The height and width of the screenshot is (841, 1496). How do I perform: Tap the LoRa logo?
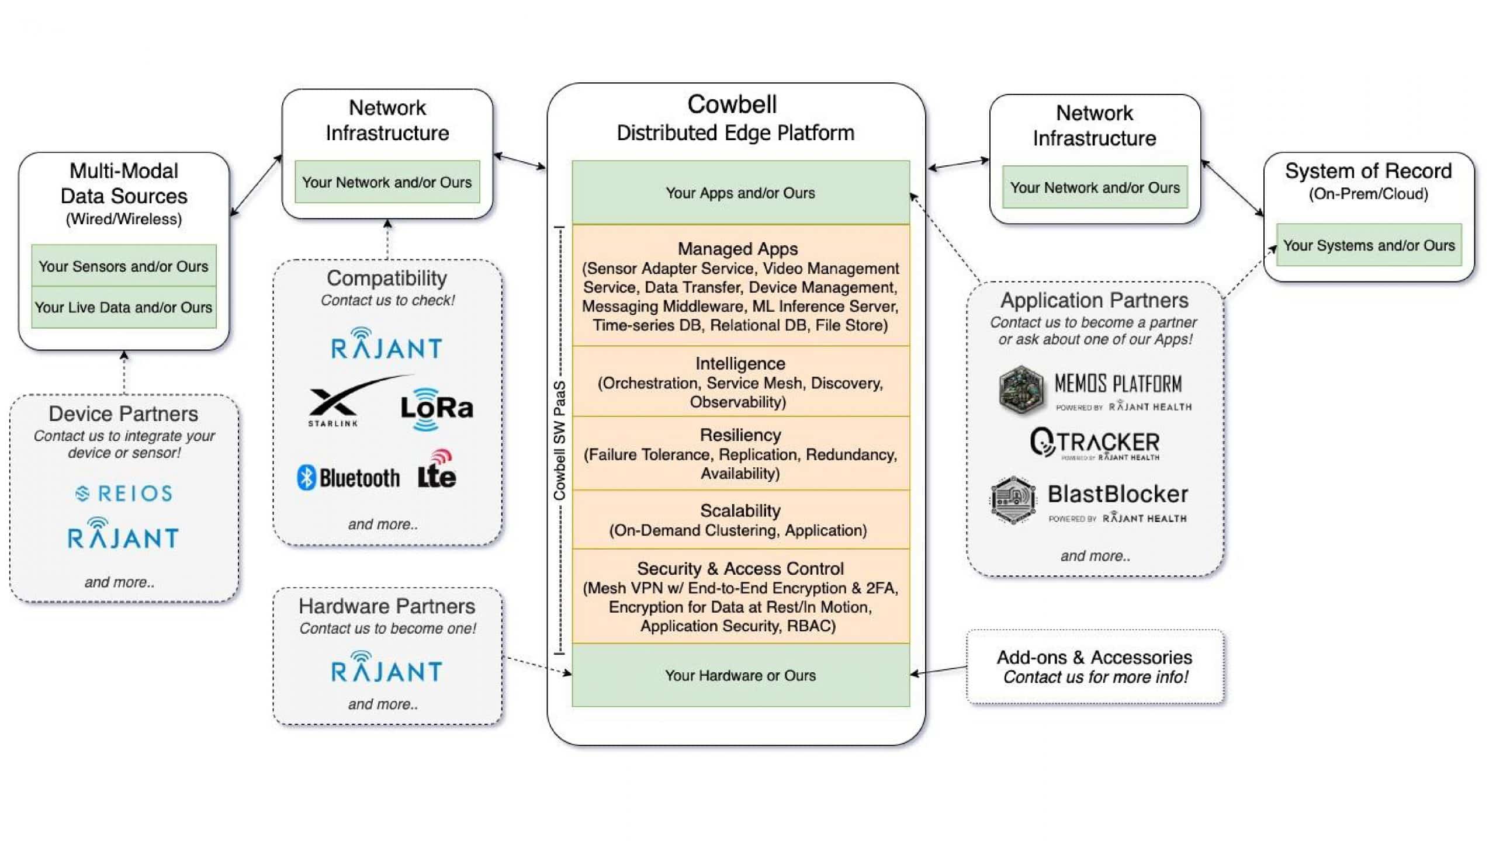[437, 409]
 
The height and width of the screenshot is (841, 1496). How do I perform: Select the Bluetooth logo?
[348, 478]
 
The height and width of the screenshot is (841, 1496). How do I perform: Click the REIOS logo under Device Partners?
[124, 494]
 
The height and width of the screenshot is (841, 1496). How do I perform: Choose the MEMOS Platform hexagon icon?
[1020, 390]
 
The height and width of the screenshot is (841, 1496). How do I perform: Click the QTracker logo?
[1095, 444]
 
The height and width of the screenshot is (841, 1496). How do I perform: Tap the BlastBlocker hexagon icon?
[1013, 501]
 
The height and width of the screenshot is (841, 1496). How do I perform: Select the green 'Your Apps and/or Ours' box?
[740, 192]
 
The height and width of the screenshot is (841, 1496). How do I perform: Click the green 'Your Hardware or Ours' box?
[740, 675]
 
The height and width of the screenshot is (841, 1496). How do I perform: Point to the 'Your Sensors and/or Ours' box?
[123, 266]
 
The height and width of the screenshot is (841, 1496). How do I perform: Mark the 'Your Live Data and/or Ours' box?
[123, 307]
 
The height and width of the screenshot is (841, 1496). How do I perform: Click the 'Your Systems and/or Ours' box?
[1369, 245]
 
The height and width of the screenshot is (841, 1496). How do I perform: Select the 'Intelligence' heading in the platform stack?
[740, 364]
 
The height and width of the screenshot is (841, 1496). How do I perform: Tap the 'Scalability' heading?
[740, 511]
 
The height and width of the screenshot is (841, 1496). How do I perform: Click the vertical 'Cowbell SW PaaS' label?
[560, 440]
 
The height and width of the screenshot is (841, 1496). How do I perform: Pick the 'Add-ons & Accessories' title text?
[1094, 658]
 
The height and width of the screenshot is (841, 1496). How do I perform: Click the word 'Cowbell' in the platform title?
[732, 105]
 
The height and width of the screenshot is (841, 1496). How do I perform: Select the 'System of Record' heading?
[1368, 171]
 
